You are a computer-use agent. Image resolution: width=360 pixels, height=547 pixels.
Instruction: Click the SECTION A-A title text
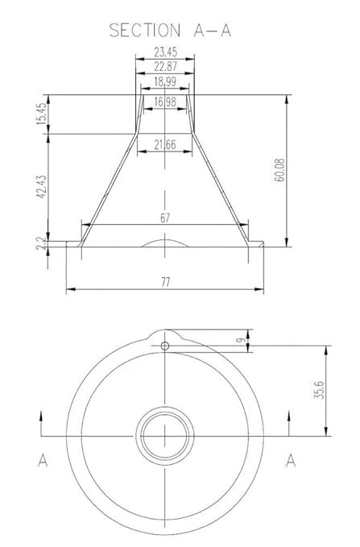coord(170,31)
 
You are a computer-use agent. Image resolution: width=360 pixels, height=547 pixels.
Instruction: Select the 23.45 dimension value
coord(165,52)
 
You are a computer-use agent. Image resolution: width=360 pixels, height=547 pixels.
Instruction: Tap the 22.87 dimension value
coord(165,66)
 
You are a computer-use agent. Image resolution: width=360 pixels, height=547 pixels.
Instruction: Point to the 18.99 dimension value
coord(165,81)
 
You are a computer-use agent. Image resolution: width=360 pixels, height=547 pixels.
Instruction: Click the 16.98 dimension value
coord(165,102)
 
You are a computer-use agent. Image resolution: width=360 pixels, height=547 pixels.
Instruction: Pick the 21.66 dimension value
coord(165,144)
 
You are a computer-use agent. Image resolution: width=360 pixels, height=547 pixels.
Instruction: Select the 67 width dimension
coord(165,218)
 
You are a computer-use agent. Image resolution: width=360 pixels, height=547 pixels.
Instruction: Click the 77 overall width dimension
coord(165,282)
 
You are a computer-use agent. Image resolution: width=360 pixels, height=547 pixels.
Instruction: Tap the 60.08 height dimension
coord(279,170)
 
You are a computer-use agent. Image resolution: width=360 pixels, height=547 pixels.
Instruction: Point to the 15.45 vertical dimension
coord(41,114)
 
